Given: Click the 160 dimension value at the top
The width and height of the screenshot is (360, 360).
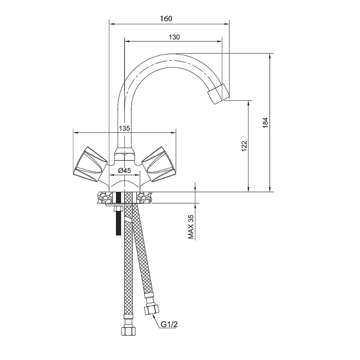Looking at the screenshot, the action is (x=166, y=18).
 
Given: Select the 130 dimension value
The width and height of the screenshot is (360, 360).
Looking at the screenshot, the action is (x=174, y=37).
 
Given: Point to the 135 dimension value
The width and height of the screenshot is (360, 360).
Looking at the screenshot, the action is (x=125, y=128).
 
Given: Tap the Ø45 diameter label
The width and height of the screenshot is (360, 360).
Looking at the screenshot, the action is (x=125, y=171).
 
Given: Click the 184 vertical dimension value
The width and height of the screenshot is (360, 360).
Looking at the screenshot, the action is (x=265, y=122).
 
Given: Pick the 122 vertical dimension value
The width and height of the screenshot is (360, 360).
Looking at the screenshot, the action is (x=244, y=146).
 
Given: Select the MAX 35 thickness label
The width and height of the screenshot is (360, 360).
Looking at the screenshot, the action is (x=191, y=227).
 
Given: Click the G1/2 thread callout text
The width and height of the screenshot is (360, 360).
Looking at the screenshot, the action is (x=169, y=324).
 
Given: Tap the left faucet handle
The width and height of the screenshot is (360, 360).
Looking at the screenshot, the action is (x=90, y=164).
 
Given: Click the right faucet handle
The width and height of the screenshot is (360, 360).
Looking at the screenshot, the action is (x=159, y=164).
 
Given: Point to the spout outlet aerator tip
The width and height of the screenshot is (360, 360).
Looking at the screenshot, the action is (x=218, y=94).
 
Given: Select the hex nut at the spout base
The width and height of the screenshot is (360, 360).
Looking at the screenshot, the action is (x=124, y=154).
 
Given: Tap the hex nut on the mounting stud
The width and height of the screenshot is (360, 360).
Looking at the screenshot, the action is (x=118, y=209).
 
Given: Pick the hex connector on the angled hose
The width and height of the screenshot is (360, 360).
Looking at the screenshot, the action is (x=152, y=310).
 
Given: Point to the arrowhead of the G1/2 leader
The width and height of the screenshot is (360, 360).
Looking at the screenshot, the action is (x=153, y=316).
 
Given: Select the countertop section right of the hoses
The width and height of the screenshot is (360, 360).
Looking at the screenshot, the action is (x=145, y=197).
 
